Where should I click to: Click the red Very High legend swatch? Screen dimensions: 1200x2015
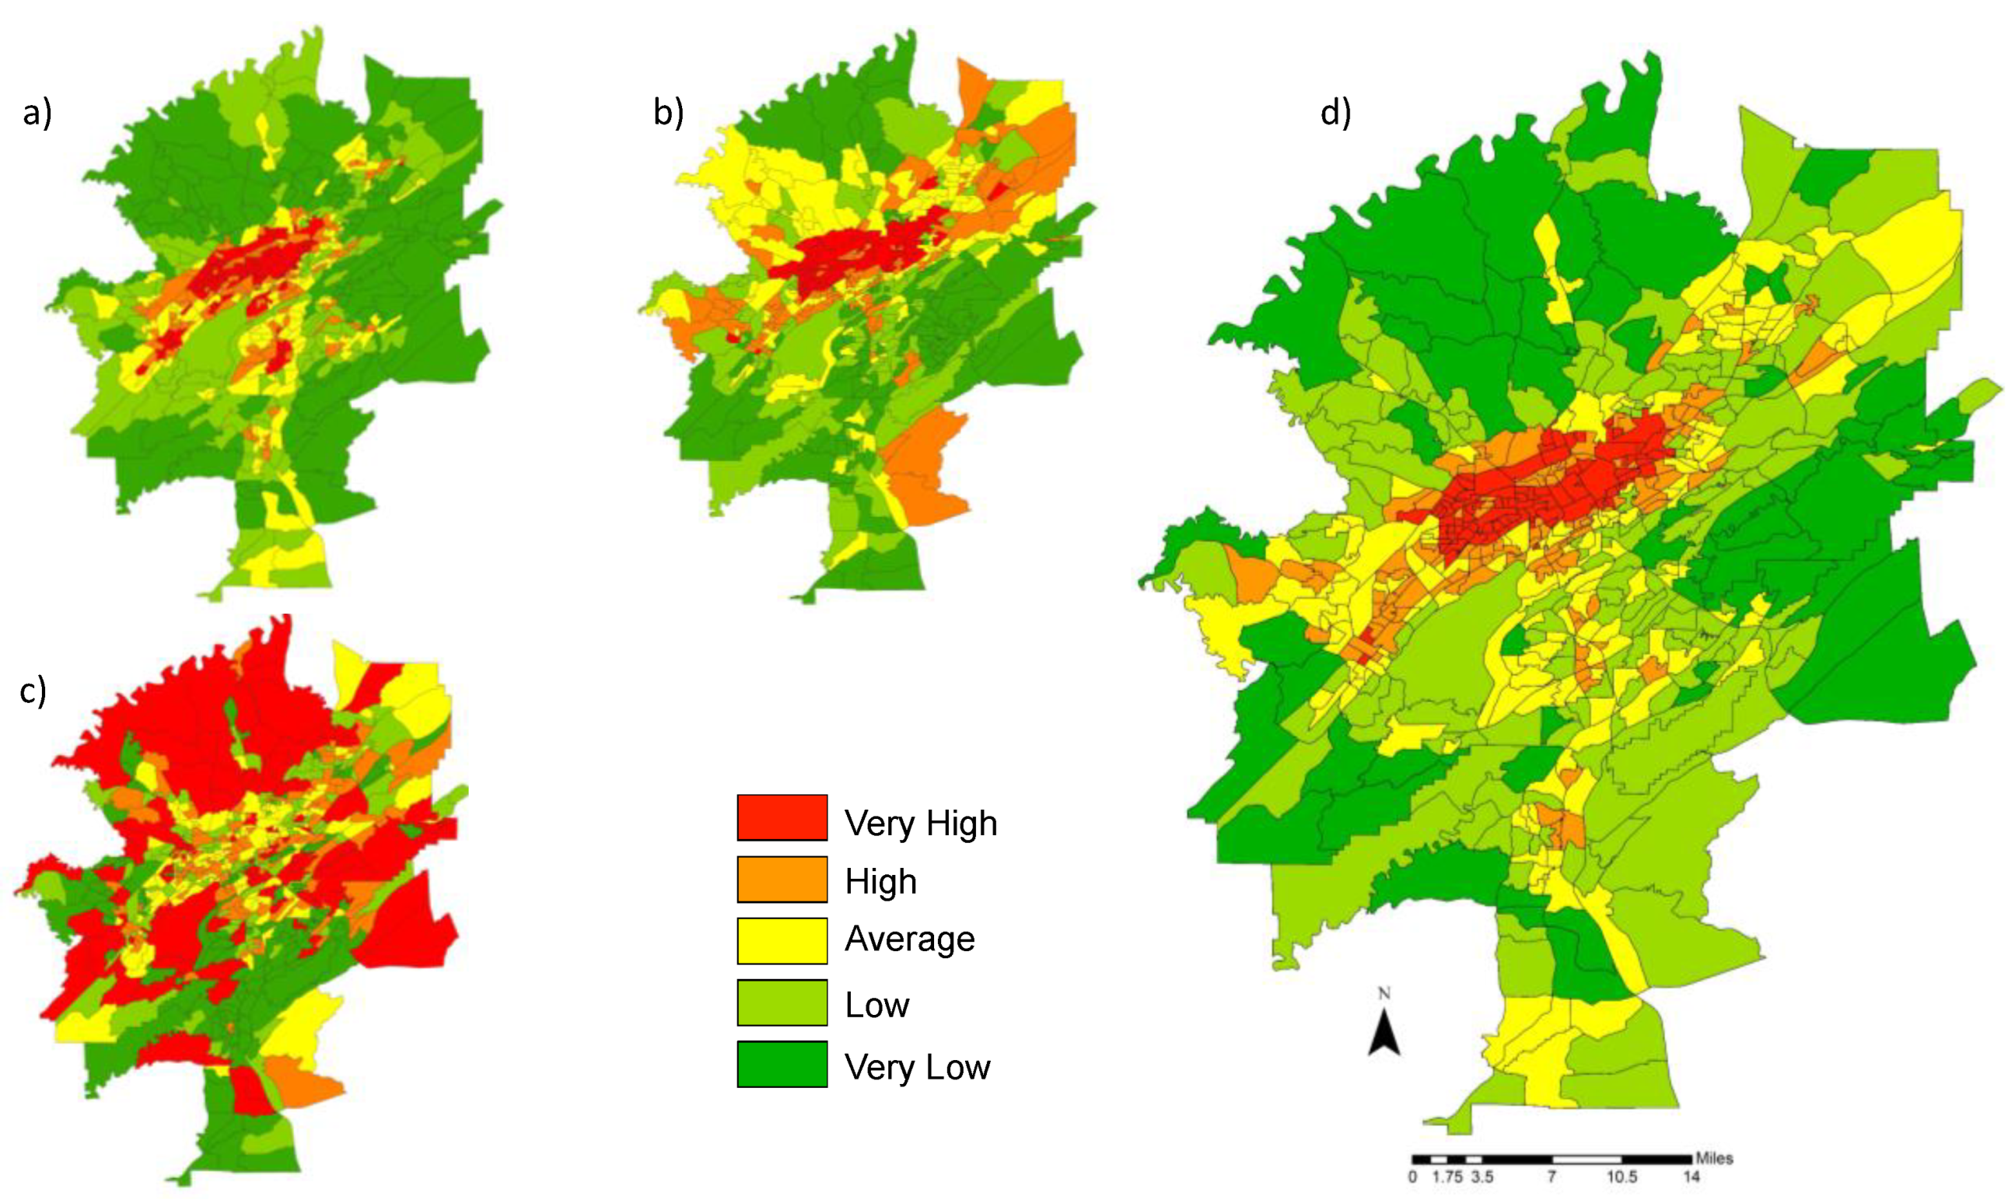pos(781,817)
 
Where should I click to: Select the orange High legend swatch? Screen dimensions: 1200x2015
pos(781,879)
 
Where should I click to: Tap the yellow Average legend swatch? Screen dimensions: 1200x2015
pos(781,940)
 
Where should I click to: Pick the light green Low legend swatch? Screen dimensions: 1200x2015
pos(781,1002)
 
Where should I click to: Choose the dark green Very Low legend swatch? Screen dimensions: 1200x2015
pos(781,1063)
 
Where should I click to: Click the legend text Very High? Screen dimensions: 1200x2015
pos(920,823)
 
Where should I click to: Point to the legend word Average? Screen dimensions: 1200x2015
pos(910,939)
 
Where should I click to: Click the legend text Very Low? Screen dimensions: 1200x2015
pos(917,1067)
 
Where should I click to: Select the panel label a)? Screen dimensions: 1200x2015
pos(37,114)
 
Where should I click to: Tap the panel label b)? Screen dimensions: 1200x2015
pos(668,114)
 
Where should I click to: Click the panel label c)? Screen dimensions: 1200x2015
pos(33,691)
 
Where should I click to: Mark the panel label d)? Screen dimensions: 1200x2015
pos(1335,114)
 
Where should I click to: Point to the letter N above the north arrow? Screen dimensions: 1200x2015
pos(1384,994)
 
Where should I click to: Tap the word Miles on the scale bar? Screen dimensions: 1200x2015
pos(1714,1158)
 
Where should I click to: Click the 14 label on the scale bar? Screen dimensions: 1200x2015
pos(1691,1177)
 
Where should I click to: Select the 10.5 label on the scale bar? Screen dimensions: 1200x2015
pos(1621,1177)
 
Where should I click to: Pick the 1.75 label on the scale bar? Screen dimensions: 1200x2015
pos(1447,1177)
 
